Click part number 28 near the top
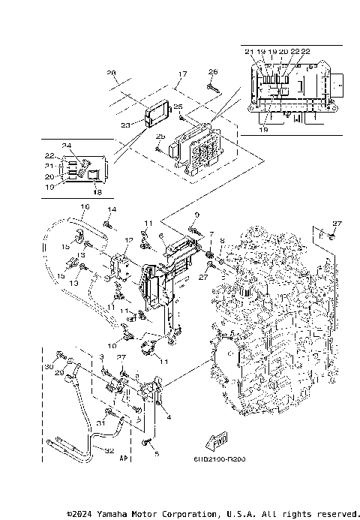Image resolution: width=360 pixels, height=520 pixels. click(112, 73)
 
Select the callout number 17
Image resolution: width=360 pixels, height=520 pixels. click(181, 74)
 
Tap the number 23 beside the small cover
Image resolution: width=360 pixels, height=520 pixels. click(124, 125)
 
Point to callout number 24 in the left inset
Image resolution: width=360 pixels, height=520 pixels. click(66, 145)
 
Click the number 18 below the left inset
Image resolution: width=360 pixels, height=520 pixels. click(96, 191)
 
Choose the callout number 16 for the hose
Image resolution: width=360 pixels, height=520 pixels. click(84, 206)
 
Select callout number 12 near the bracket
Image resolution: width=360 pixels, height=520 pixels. click(129, 239)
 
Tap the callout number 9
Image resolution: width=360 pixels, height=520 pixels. click(196, 215)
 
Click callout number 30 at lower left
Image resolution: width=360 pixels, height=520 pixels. click(49, 366)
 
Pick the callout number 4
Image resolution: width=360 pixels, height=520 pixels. click(169, 416)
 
